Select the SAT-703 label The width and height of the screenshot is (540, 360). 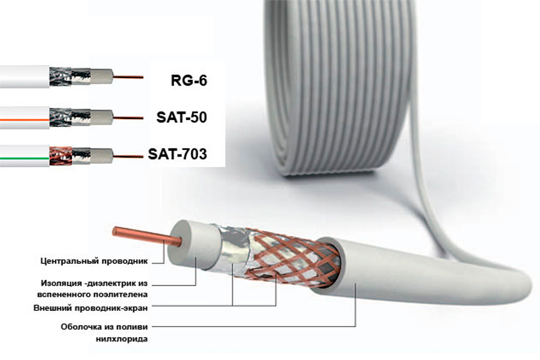click(x=177, y=154)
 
